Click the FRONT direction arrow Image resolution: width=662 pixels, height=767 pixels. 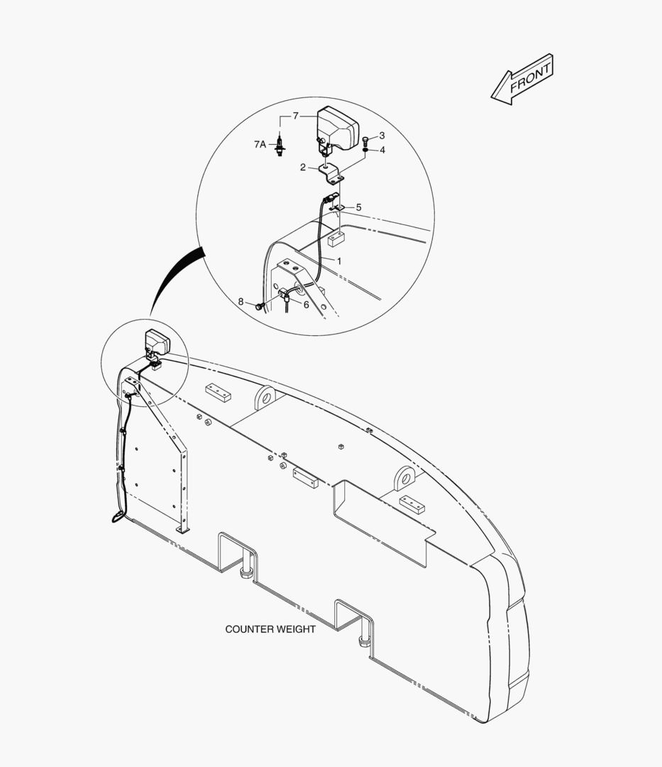tap(522, 80)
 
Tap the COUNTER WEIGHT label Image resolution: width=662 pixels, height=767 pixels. tap(270, 629)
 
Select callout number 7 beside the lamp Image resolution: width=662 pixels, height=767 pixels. tap(296, 116)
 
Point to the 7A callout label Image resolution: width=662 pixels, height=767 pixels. tap(260, 144)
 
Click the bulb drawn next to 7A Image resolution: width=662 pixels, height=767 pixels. tap(280, 146)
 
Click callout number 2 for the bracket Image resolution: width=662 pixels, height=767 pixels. tap(303, 168)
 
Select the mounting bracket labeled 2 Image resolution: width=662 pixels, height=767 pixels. tap(331, 174)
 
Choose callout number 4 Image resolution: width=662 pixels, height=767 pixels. tap(382, 150)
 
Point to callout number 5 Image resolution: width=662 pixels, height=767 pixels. tap(358, 207)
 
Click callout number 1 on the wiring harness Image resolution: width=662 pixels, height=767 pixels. tap(339, 261)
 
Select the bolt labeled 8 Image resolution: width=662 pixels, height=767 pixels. tap(260, 306)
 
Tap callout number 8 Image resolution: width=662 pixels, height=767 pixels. tap(241, 302)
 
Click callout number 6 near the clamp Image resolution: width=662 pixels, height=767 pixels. tap(307, 305)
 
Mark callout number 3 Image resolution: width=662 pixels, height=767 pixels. tap(382, 136)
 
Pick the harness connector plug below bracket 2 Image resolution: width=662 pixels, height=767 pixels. tap(329, 198)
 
